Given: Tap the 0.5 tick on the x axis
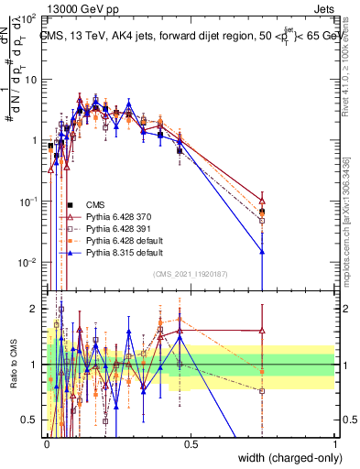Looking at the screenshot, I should pos(191,443).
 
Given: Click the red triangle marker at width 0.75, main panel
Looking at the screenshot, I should pos(263,202).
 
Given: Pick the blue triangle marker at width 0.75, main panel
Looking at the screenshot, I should pos(263,251).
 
